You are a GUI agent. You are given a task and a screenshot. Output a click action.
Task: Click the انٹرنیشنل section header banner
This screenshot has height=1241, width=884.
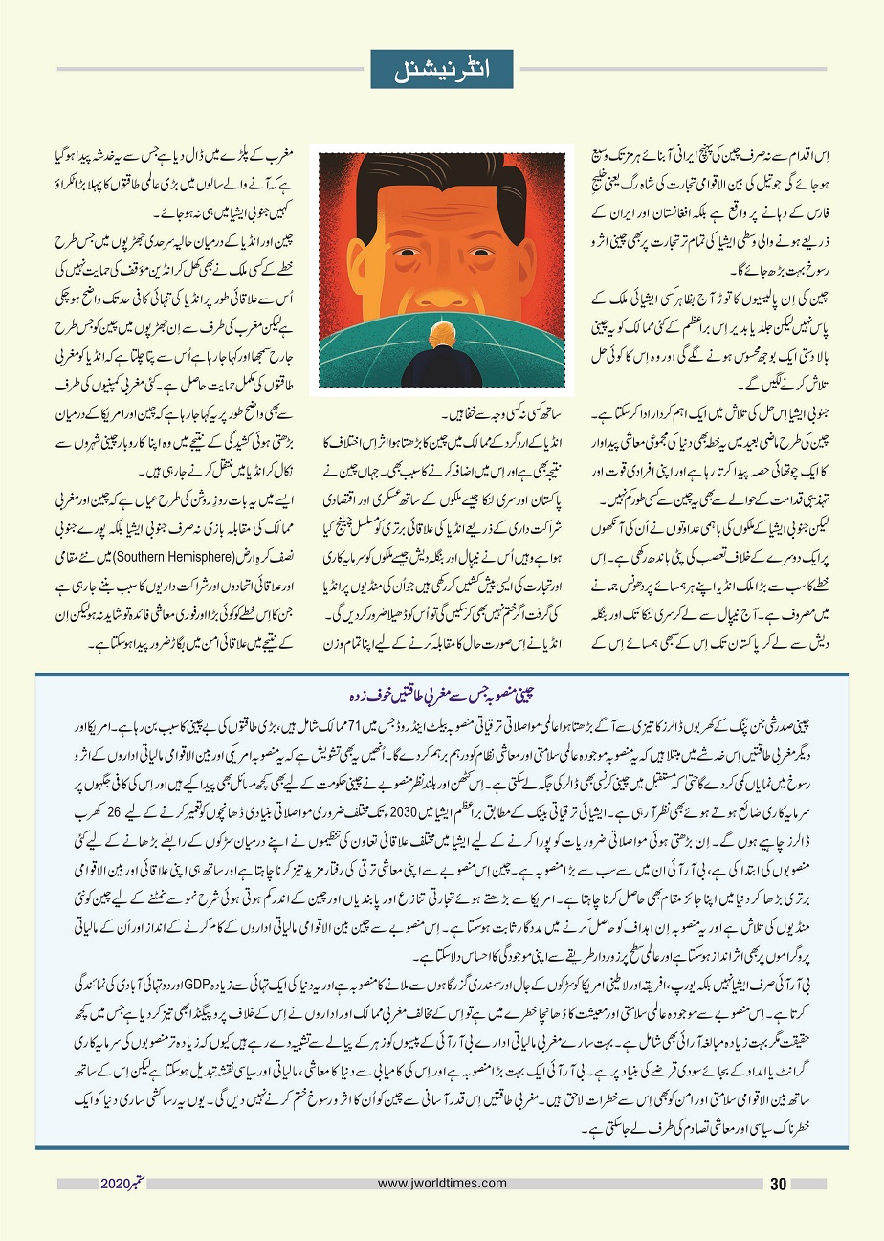click(442, 69)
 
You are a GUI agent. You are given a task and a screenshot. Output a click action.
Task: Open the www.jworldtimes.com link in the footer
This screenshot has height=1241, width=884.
click(442, 1184)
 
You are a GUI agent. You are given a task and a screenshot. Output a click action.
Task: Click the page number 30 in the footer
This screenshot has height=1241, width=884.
click(778, 1185)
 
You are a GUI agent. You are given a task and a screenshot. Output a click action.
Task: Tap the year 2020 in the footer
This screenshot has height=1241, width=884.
click(116, 1185)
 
